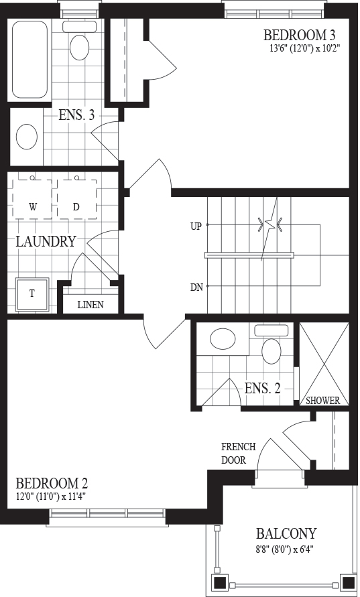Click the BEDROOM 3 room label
[x=300, y=36]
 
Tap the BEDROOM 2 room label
[x=52, y=484]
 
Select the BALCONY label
[x=286, y=533]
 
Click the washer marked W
[x=33, y=198]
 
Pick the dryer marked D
[x=76, y=198]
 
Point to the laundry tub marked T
[x=32, y=294]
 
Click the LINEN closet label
[x=91, y=305]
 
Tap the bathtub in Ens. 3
[x=29, y=60]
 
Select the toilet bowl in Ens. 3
[x=80, y=47]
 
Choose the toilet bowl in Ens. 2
[x=272, y=350]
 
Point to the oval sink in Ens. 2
[x=223, y=338]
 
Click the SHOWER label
[x=322, y=401]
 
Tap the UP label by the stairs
[x=196, y=226]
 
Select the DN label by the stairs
[x=196, y=287]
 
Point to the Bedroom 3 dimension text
[x=304, y=48]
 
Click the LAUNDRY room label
[x=46, y=241]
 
